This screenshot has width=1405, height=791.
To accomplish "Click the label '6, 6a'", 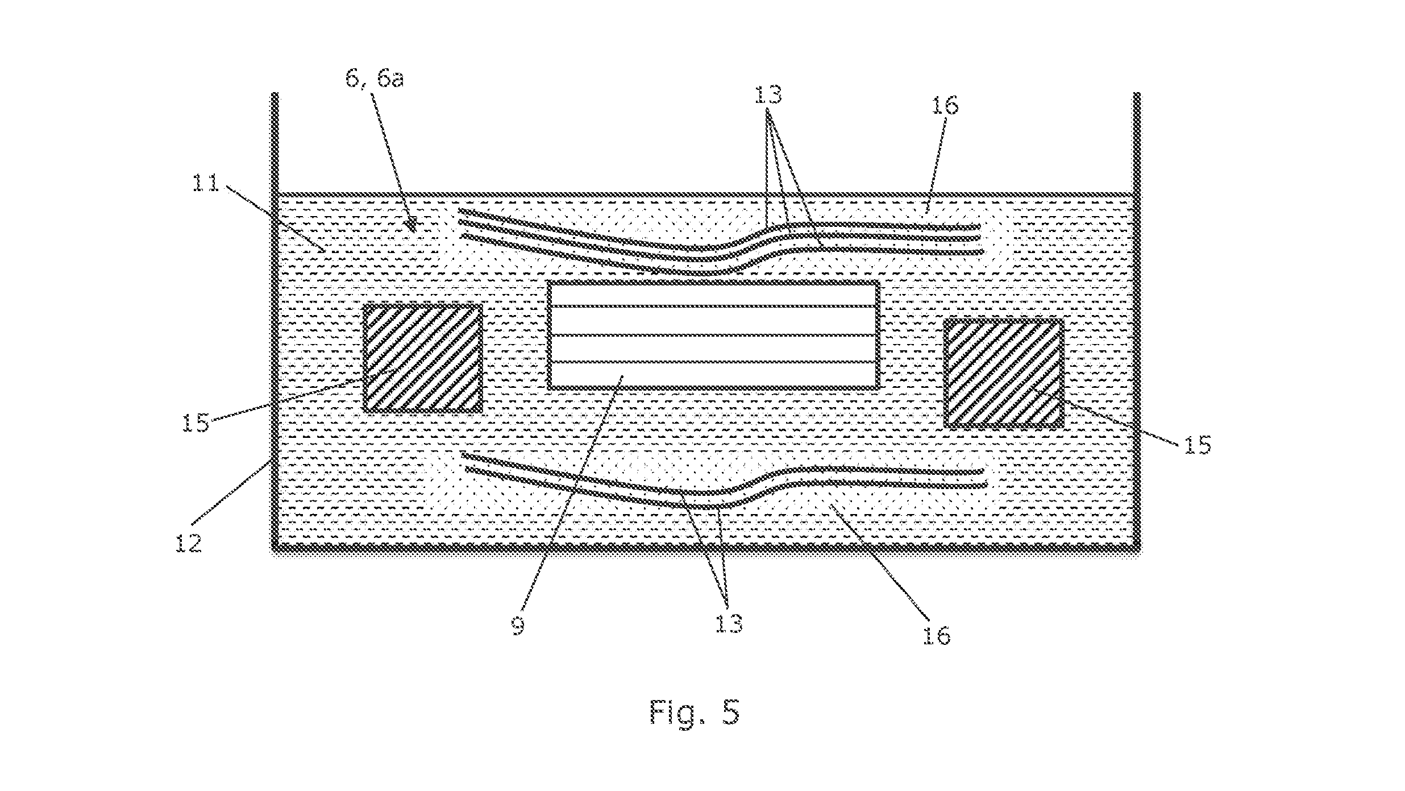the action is point(375,79).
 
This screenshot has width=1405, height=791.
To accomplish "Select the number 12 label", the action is point(189,544).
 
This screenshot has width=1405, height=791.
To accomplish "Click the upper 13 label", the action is point(768,95).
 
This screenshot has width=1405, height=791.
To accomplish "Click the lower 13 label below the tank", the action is point(729,624).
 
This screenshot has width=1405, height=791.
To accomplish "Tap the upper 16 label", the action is point(945,106).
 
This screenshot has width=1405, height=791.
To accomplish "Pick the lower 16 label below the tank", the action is point(936,636).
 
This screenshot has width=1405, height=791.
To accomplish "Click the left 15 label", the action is point(196,424).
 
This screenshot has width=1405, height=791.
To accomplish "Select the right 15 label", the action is point(1198,445).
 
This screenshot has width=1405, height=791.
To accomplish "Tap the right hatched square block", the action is point(1004,373).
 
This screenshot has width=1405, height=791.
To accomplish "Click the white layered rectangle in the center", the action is point(714,335).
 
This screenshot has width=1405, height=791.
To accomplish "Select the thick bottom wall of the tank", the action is point(706,548).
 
